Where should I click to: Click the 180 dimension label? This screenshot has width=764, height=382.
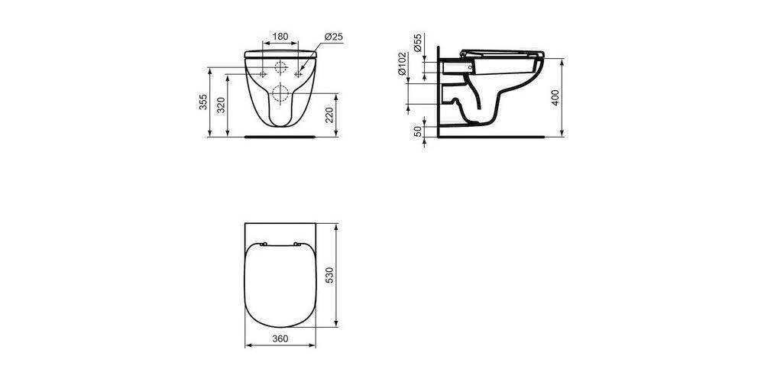pyautogui.click(x=280, y=36)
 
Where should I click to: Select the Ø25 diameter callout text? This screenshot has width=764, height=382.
pyautogui.click(x=333, y=36)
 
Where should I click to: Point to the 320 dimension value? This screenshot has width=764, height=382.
pyautogui.click(x=222, y=105)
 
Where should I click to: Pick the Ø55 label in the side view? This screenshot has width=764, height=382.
pyautogui.click(x=419, y=43)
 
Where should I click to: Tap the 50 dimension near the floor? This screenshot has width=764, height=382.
pyautogui.click(x=419, y=131)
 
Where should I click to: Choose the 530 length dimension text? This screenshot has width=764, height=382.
pyautogui.click(x=329, y=274)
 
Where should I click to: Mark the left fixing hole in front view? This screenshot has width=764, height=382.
pyautogui.click(x=263, y=74)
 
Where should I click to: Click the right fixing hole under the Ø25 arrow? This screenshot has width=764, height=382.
pyautogui.click(x=297, y=74)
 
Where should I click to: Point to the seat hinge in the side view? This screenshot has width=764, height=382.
pyautogui.click(x=465, y=55)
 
